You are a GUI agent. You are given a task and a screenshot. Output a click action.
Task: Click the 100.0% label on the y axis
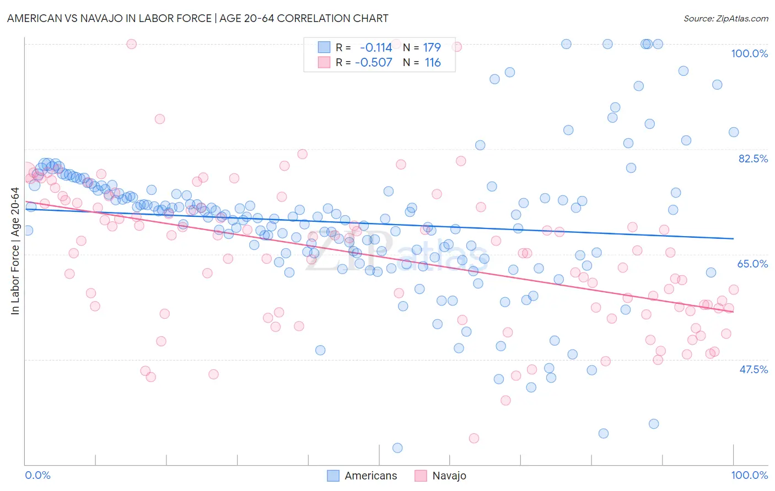pyautogui.click(x=749, y=53)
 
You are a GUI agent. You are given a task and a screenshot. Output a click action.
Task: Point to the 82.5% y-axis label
pyautogui.click(x=753, y=159)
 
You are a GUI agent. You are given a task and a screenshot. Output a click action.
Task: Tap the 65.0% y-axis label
pyautogui.click(x=752, y=264)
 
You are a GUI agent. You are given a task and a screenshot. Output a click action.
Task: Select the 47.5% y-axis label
pyautogui.click(x=754, y=369)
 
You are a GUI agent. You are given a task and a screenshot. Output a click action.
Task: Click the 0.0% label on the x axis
pyautogui.click(x=37, y=475)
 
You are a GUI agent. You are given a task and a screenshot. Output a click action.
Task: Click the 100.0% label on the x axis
pyautogui.click(x=749, y=475)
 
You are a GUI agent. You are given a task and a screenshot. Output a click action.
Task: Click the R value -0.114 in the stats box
pyautogui.click(x=375, y=48)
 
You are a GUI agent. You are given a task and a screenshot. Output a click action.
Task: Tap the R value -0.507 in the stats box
pyautogui.click(x=373, y=63)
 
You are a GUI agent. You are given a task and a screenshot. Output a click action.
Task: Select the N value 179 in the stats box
pyautogui.click(x=432, y=48)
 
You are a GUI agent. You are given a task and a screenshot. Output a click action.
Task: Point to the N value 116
pyautogui.click(x=432, y=63)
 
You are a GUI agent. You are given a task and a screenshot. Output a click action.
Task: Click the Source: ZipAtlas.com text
pyautogui.click(x=725, y=18)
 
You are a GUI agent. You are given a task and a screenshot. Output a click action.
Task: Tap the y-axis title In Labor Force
pyautogui.click(x=15, y=252)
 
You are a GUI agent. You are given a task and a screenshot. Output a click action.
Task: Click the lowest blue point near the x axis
pyautogui.click(x=397, y=448)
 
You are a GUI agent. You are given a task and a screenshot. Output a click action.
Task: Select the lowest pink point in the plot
pyautogui.click(x=474, y=438)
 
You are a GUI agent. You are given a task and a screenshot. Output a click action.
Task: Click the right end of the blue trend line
pyautogui.click(x=733, y=238)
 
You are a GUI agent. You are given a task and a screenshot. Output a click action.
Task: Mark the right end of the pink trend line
pyautogui.click(x=733, y=312)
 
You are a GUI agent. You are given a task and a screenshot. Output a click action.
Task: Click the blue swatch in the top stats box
pyautogui.click(x=324, y=48)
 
